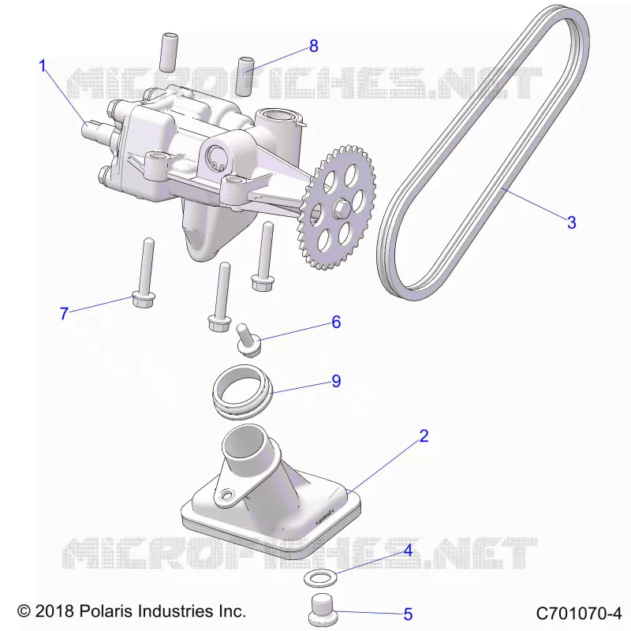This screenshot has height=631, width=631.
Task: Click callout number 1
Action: (43, 65)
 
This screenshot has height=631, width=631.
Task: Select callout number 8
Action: (314, 46)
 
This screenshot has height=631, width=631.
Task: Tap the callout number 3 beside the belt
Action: (571, 222)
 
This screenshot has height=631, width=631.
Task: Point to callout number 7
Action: (64, 313)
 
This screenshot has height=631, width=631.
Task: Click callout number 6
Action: (336, 322)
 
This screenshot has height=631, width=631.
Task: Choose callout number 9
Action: (336, 381)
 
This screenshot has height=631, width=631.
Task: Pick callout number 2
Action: (424, 436)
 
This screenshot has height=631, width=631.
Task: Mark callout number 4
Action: (408, 550)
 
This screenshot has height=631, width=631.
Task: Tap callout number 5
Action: (408, 614)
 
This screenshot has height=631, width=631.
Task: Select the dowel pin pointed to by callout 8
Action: (245, 77)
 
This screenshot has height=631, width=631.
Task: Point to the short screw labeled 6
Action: (248, 340)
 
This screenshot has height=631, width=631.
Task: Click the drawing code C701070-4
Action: (579, 614)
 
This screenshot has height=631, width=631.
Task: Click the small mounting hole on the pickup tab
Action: (228, 494)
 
